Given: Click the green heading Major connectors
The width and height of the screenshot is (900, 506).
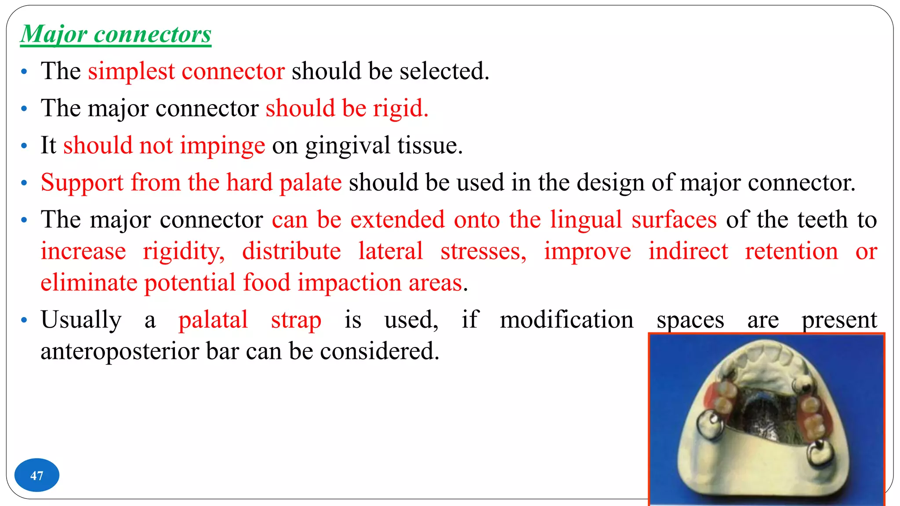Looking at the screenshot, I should (x=116, y=34).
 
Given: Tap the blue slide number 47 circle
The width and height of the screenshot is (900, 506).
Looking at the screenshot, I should (x=36, y=475).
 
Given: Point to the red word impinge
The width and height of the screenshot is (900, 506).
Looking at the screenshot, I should (x=222, y=146).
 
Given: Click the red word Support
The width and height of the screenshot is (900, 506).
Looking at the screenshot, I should (x=82, y=183).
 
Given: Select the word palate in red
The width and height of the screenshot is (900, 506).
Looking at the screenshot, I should (x=311, y=183).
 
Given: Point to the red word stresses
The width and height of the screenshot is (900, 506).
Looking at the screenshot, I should (x=483, y=251).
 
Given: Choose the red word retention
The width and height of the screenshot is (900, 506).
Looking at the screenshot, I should (x=791, y=251).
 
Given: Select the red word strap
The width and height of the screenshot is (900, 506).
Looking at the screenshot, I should (x=296, y=320).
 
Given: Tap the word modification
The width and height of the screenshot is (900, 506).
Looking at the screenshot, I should (x=566, y=320).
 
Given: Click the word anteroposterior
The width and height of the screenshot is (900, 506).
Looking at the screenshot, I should (x=120, y=351).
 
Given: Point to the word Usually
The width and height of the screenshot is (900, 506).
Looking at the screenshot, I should (x=81, y=320).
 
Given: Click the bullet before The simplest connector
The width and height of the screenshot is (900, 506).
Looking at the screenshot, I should (x=24, y=72).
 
